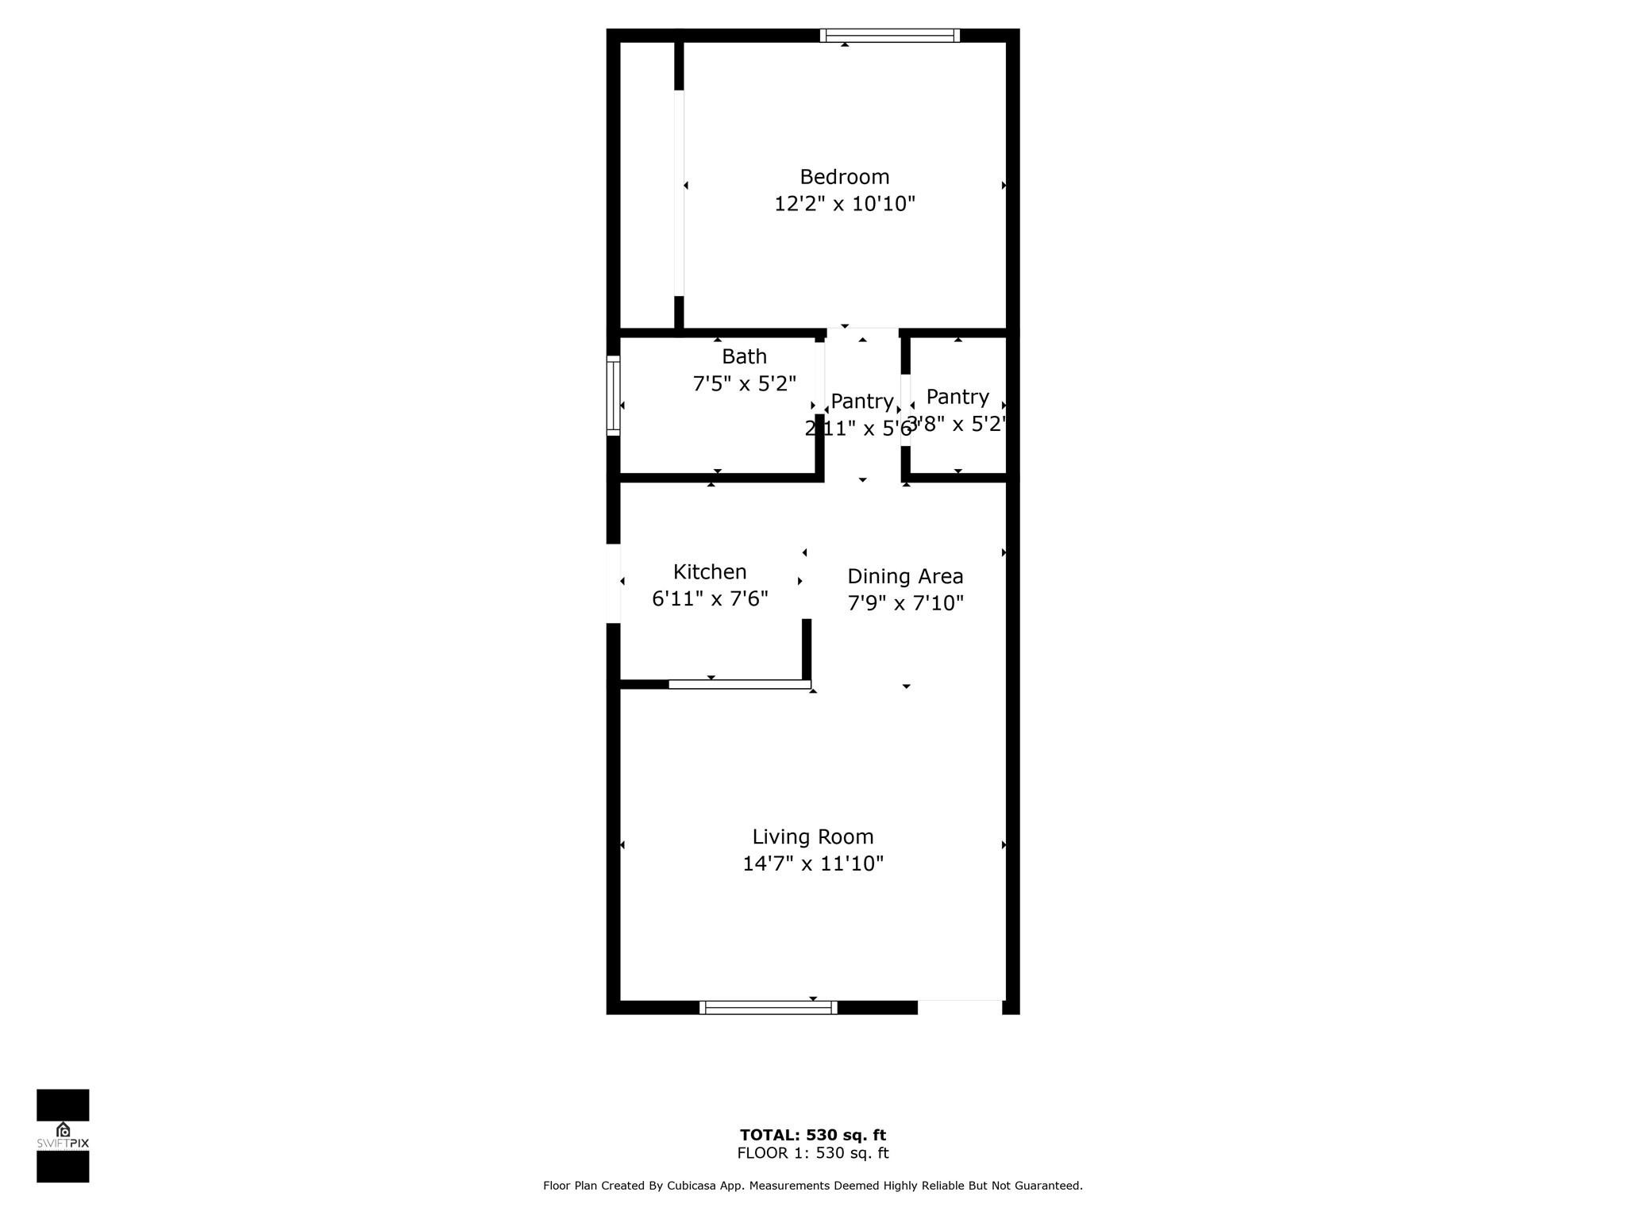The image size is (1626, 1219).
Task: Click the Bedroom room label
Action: pos(844,177)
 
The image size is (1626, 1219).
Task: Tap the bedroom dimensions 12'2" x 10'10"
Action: pos(844,204)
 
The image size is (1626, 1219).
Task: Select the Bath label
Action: pos(744,356)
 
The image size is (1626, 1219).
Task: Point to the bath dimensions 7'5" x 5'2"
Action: pos(744,384)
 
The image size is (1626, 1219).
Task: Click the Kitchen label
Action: pos(710,571)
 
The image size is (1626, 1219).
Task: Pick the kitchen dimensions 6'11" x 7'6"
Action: pos(710,598)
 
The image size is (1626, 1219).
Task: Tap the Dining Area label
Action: pos(905,576)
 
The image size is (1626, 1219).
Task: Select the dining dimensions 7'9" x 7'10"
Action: pos(905,603)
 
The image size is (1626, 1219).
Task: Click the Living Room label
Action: pos(813,836)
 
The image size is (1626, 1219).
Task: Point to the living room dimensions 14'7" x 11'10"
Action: pos(813,863)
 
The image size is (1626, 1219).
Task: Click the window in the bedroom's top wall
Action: pos(889,36)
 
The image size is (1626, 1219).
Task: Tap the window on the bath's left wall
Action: pos(613,395)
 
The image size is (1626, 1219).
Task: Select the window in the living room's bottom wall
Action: pos(768,1007)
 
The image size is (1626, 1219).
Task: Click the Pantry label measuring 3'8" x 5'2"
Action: pos(957,397)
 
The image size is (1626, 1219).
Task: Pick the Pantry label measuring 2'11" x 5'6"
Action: pos(861,402)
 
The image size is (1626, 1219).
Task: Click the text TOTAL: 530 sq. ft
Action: pos(812,1135)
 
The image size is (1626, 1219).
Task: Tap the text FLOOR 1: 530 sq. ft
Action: pos(812,1153)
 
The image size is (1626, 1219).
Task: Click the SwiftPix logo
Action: pos(63,1136)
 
